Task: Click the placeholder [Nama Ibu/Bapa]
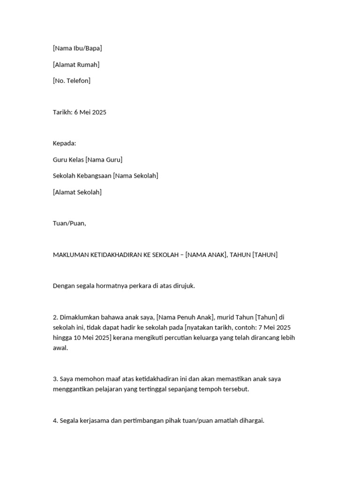point(77,48)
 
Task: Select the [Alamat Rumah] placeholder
point(76,65)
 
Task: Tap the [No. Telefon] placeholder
point(72,81)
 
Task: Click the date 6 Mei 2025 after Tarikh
point(92,112)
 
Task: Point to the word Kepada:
point(65,143)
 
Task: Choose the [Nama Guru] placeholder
point(104,160)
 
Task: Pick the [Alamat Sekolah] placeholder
point(77,192)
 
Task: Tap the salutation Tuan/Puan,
point(69,224)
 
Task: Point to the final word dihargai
point(251,421)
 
